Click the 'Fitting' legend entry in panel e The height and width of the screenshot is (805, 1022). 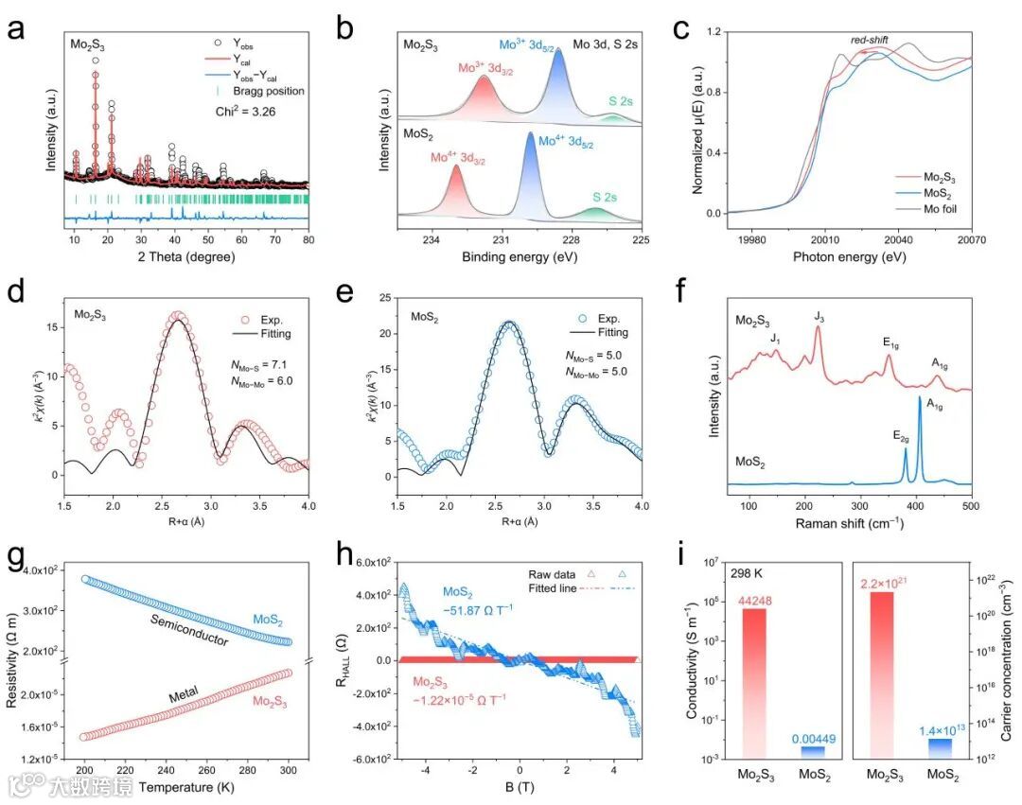coord(608,333)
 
